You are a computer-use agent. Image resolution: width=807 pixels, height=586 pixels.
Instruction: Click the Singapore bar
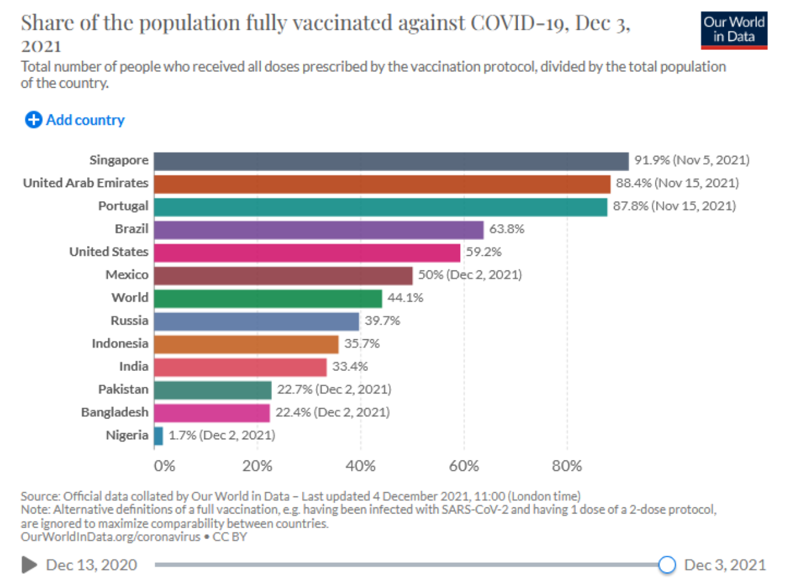point(391,161)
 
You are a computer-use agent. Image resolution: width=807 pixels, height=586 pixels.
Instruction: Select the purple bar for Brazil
point(318,230)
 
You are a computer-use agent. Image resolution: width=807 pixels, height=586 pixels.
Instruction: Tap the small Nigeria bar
point(159,436)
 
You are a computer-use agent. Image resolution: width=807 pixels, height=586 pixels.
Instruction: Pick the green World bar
point(268,298)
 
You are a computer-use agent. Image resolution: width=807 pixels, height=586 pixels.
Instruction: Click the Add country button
point(75,120)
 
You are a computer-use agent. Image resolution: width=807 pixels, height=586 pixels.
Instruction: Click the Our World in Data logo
point(733,30)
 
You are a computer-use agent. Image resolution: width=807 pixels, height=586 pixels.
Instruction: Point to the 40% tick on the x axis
point(360,467)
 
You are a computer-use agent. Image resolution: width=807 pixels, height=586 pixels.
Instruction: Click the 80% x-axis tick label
point(567,467)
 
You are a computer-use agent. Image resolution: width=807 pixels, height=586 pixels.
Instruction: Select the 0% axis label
point(164,467)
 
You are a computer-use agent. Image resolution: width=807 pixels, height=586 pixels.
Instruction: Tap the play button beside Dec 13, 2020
point(29,565)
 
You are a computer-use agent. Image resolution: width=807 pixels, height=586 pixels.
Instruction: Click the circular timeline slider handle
point(667,565)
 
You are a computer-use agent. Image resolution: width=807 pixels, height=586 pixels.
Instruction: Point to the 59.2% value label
point(483,252)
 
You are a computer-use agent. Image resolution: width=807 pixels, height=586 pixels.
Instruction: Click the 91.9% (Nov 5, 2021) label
point(691,160)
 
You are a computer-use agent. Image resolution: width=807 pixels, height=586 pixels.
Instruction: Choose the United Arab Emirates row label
point(86,183)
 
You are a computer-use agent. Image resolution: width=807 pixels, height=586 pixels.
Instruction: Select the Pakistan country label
point(123,389)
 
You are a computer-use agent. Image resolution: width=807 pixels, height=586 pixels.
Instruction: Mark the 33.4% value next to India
point(350,367)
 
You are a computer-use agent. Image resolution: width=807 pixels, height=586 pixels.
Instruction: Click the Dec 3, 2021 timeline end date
point(725,565)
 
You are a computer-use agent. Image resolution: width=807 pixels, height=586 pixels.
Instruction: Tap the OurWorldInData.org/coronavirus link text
point(110,537)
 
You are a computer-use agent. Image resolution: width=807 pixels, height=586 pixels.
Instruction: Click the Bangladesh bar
point(212,413)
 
